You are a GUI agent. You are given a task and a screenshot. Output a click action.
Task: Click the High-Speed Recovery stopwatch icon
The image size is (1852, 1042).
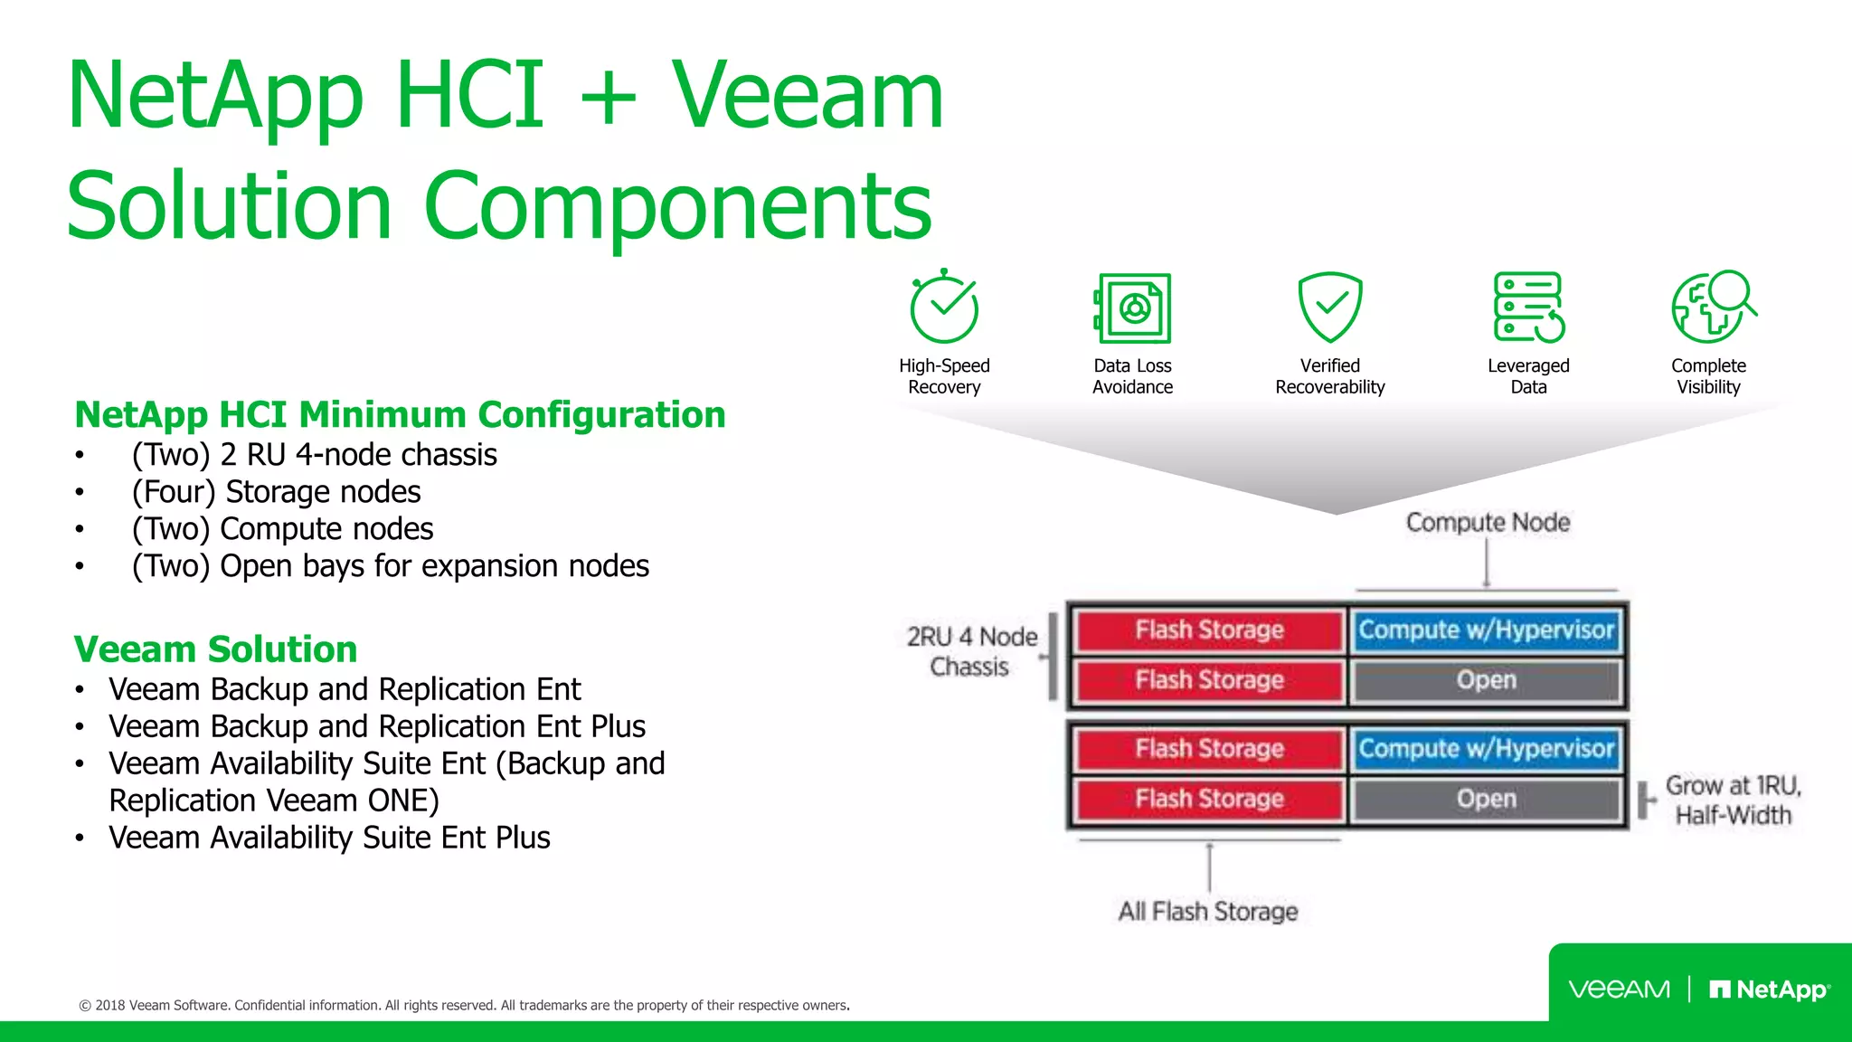[943, 308]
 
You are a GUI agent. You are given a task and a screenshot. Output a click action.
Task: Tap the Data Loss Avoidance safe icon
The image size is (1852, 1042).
[1133, 308]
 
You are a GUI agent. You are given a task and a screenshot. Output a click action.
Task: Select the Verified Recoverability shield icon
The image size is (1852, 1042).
[1329, 308]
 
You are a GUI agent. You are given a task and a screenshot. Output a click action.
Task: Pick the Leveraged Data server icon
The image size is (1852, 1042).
[1528, 308]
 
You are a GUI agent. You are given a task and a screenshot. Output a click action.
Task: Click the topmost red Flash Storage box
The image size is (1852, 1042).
[1209, 630]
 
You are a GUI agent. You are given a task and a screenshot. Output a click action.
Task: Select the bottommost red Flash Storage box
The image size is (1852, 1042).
[1209, 800]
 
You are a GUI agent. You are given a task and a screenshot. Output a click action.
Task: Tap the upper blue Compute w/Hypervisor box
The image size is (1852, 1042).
[1486, 630]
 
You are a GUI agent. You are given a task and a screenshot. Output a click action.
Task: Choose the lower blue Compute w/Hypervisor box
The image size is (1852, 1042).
[1486, 749]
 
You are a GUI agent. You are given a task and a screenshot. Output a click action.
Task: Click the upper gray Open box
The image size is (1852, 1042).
[1486, 680]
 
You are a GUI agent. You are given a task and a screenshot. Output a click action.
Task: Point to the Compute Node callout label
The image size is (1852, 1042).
[1488, 523]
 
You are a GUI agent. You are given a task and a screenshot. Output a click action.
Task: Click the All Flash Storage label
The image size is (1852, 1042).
[1208, 912]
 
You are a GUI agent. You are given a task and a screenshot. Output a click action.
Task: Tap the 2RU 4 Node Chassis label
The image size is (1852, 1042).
[971, 651]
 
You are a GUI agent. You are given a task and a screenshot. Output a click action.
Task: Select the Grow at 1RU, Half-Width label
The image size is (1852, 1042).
[1733, 800]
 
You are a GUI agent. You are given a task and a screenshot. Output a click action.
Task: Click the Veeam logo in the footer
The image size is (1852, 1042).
[1619, 990]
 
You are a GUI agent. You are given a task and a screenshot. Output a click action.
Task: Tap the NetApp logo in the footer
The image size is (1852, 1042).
[1770, 990]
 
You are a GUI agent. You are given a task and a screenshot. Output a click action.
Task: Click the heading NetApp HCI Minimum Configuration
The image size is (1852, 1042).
[400, 415]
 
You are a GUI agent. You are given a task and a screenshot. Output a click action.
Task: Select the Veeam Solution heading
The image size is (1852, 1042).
[215, 649]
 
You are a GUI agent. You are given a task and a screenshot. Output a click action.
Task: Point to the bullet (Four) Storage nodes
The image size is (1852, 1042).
[276, 492]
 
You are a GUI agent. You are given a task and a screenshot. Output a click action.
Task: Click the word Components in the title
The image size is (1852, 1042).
[677, 206]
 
